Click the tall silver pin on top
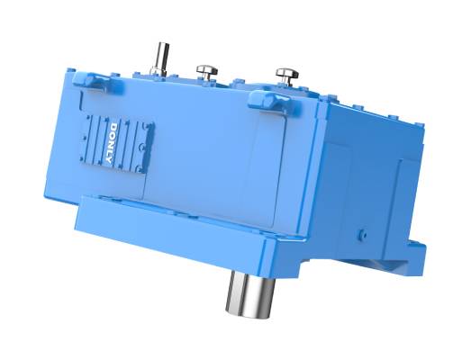[160, 58]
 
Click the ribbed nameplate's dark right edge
[149, 144]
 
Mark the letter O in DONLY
[111, 131]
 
